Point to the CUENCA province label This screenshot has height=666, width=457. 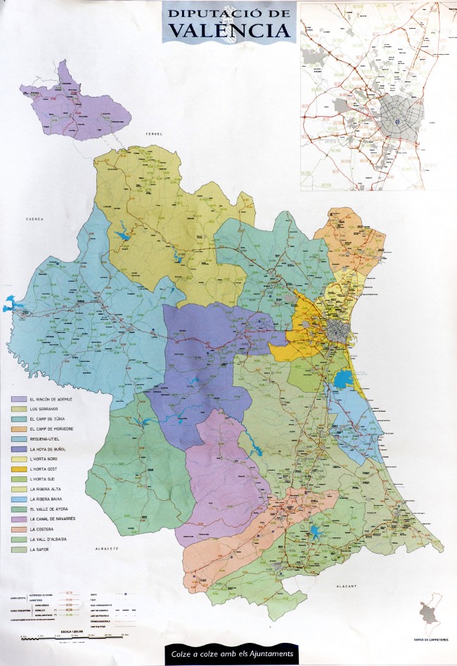pos(26,219)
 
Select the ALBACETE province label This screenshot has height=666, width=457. pos(111,547)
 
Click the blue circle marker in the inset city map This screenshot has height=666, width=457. pos(397,119)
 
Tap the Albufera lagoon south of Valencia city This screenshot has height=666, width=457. pos(344,380)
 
